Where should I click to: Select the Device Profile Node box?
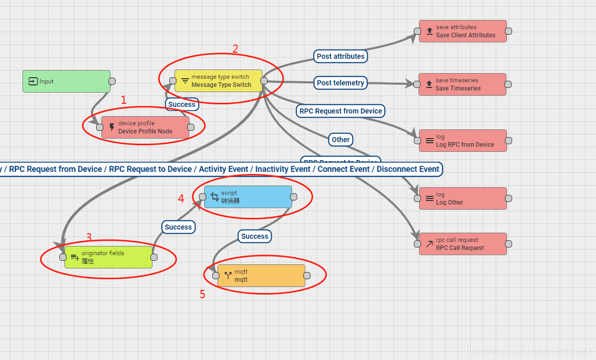coord(145,127)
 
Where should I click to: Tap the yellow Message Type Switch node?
coord(218,81)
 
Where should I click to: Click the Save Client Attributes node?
coord(463,31)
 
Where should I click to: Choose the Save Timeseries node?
coord(462,84)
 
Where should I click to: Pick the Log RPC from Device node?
coord(463,141)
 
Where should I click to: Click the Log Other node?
coord(463,198)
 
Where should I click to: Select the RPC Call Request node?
coord(463,244)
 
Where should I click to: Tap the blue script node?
coord(248,197)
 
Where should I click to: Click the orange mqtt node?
coord(261,276)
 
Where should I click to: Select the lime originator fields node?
coord(108,257)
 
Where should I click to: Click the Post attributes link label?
coord(341,56)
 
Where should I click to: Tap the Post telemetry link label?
coord(341,83)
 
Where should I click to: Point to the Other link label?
coord(341,140)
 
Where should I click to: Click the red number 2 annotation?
coord(235,49)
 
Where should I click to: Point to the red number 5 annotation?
coord(203,295)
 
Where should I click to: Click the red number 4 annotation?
coord(181,198)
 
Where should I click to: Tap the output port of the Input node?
coord(112,81)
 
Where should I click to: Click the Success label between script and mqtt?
coord(255,236)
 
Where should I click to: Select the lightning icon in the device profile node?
coord(112,127)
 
